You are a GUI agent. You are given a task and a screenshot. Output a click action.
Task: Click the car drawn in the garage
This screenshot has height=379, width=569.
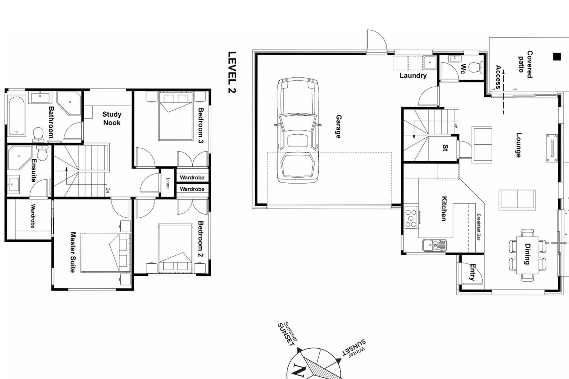pyautogui.click(x=297, y=130)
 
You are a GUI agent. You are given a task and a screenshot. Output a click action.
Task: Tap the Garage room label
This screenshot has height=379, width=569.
pyautogui.click(x=338, y=127)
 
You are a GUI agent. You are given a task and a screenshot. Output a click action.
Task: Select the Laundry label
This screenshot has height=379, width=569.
pyautogui.click(x=413, y=76)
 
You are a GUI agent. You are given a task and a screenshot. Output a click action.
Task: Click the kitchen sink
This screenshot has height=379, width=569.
pyautogui.click(x=434, y=245)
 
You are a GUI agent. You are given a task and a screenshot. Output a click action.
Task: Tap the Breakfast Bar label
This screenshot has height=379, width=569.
pyautogui.click(x=478, y=227)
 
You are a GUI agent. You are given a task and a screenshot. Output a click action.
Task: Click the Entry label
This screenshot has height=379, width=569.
pyautogui.click(x=472, y=272)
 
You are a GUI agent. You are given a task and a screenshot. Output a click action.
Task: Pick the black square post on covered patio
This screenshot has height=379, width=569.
pyautogui.click(x=557, y=57)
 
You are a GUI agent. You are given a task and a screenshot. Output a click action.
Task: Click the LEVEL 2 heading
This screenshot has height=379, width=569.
pyautogui.click(x=232, y=72)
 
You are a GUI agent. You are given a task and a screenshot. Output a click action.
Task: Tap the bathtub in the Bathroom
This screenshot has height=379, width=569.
pyautogui.click(x=17, y=116)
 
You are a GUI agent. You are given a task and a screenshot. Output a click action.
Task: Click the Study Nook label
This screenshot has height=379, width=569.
pyautogui.click(x=112, y=118)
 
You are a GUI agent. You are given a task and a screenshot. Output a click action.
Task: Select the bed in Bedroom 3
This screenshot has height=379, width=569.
pyautogui.click(x=176, y=116)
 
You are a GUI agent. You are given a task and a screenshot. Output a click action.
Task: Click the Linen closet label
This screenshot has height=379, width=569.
pyautogui.click(x=167, y=183)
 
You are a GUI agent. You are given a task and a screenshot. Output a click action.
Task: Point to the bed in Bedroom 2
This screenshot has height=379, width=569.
pyautogui.click(x=176, y=248)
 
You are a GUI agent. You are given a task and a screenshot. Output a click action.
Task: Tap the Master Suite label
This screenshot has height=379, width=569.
pyautogui.click(x=73, y=252)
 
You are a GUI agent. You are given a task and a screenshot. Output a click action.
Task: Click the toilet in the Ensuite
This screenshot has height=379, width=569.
pyautogui.click(x=42, y=152)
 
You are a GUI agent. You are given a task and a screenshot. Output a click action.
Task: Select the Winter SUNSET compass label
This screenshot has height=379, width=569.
pyautogui.click(x=353, y=348)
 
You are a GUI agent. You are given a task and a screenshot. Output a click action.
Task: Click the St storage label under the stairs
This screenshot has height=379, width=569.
pyautogui.click(x=445, y=148)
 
